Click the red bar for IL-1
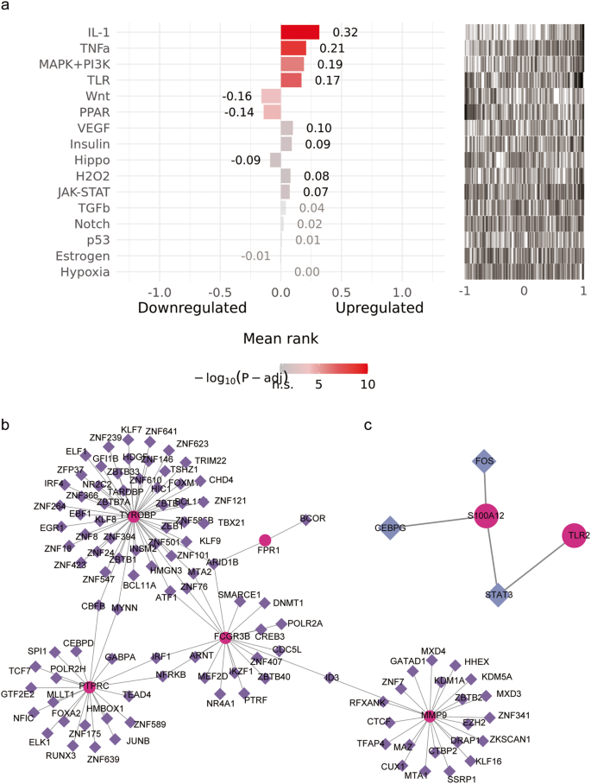click(300, 32)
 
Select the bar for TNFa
click(293, 48)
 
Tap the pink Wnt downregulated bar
click(271, 96)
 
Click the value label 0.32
click(346, 32)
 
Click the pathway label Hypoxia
click(85, 272)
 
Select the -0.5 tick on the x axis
click(220, 292)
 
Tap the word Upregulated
click(379, 308)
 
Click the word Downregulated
click(192, 308)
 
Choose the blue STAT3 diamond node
click(498, 594)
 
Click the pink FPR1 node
click(266, 540)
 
